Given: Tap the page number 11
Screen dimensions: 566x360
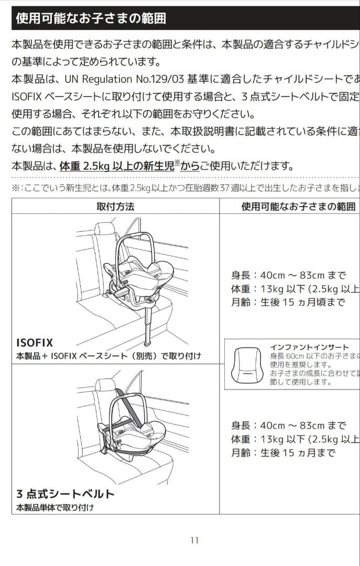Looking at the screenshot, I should coord(194,540).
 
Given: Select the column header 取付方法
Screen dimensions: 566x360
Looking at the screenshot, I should coord(115,206).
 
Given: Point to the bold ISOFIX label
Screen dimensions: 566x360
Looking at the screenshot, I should coord(35,343).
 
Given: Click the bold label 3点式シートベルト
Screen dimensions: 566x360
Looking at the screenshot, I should coord(65,494).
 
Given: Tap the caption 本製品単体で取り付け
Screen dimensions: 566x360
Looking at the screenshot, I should coord(56,507).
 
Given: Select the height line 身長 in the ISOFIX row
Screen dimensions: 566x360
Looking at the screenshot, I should coord(288,275).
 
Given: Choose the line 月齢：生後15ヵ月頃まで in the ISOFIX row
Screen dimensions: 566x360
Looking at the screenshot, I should coord(288,302).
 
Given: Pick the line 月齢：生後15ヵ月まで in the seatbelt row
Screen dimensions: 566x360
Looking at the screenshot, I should coord(283,453).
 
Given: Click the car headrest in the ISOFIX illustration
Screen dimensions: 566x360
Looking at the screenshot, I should coord(105,229).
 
